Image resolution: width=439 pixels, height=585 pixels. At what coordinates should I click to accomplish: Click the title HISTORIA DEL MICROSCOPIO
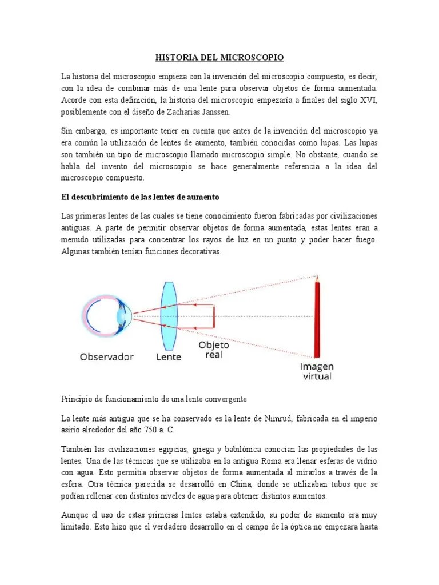click(x=219, y=58)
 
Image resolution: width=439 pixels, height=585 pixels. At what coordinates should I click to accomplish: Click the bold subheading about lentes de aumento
click(x=140, y=197)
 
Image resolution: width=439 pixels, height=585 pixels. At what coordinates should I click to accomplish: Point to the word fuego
click(x=362, y=240)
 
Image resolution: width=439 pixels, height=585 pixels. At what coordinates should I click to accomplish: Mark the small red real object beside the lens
click(x=214, y=316)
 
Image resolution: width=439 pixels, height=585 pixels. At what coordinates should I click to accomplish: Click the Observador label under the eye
click(x=107, y=357)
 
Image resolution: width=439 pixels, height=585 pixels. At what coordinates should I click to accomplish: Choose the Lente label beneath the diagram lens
click(x=169, y=357)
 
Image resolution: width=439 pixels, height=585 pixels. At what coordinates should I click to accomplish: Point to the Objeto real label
click(x=214, y=350)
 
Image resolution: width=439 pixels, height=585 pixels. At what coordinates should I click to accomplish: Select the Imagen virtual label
click(x=316, y=371)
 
